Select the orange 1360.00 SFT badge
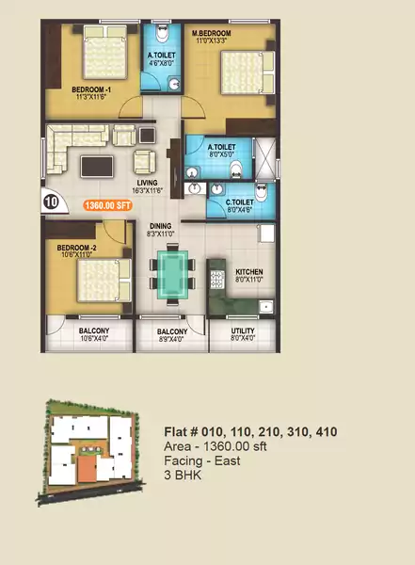[x=109, y=203]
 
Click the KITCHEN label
[x=248, y=273]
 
